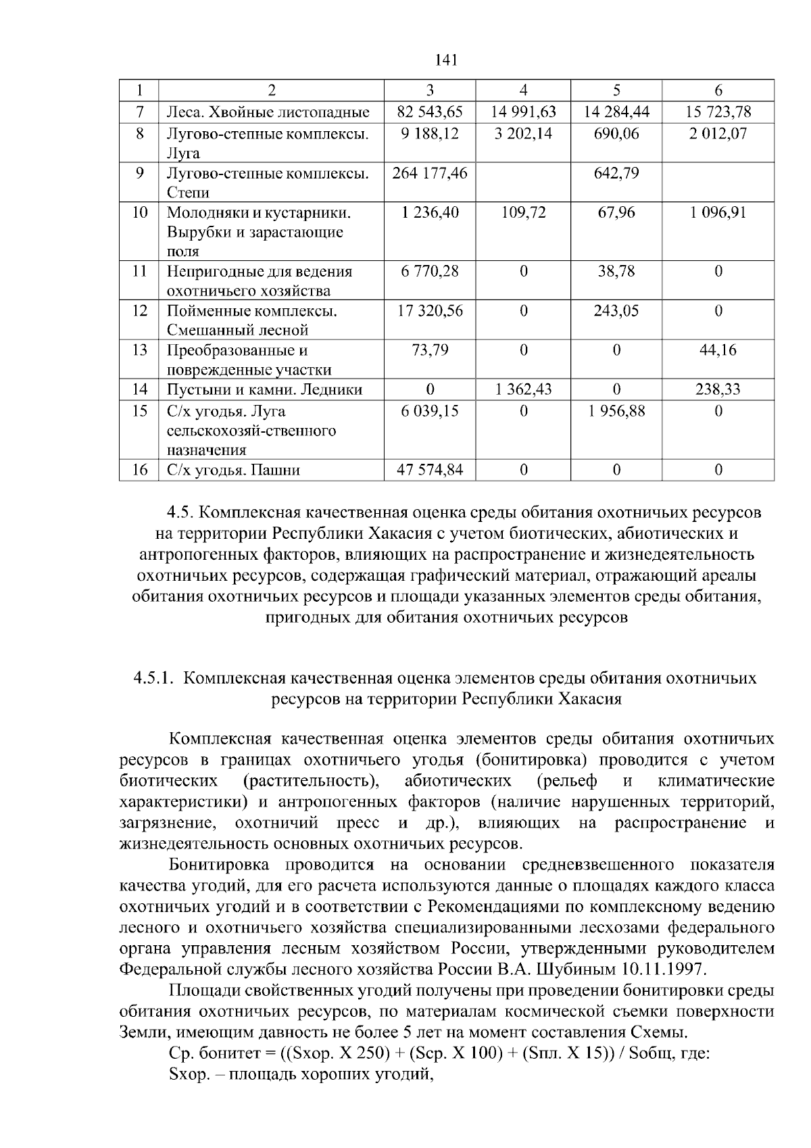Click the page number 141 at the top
click(x=446, y=60)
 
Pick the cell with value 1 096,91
click(x=718, y=213)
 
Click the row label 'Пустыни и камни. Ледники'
click(x=264, y=390)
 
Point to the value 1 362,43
click(x=523, y=390)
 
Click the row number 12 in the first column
click(x=139, y=311)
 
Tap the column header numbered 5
click(x=616, y=91)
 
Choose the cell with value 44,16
click(x=718, y=350)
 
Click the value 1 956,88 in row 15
click(x=616, y=411)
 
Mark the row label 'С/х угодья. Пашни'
click(x=233, y=470)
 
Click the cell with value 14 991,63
click(x=523, y=112)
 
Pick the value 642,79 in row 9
click(x=616, y=173)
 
